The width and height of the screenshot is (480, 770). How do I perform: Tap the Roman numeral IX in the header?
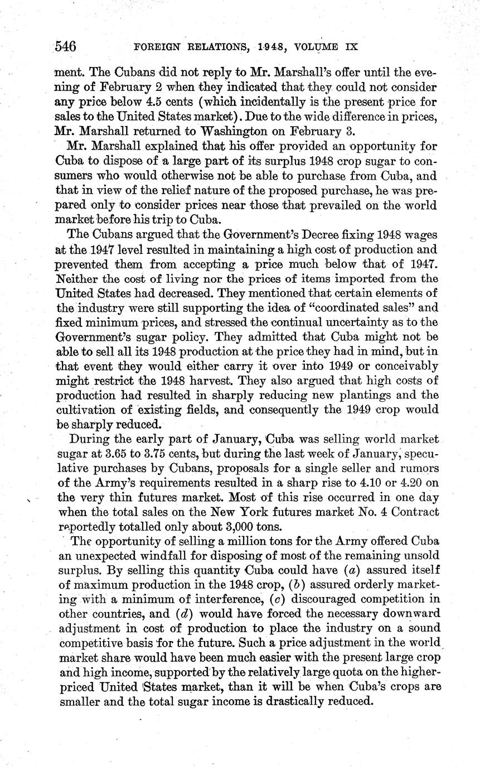[349, 47]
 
